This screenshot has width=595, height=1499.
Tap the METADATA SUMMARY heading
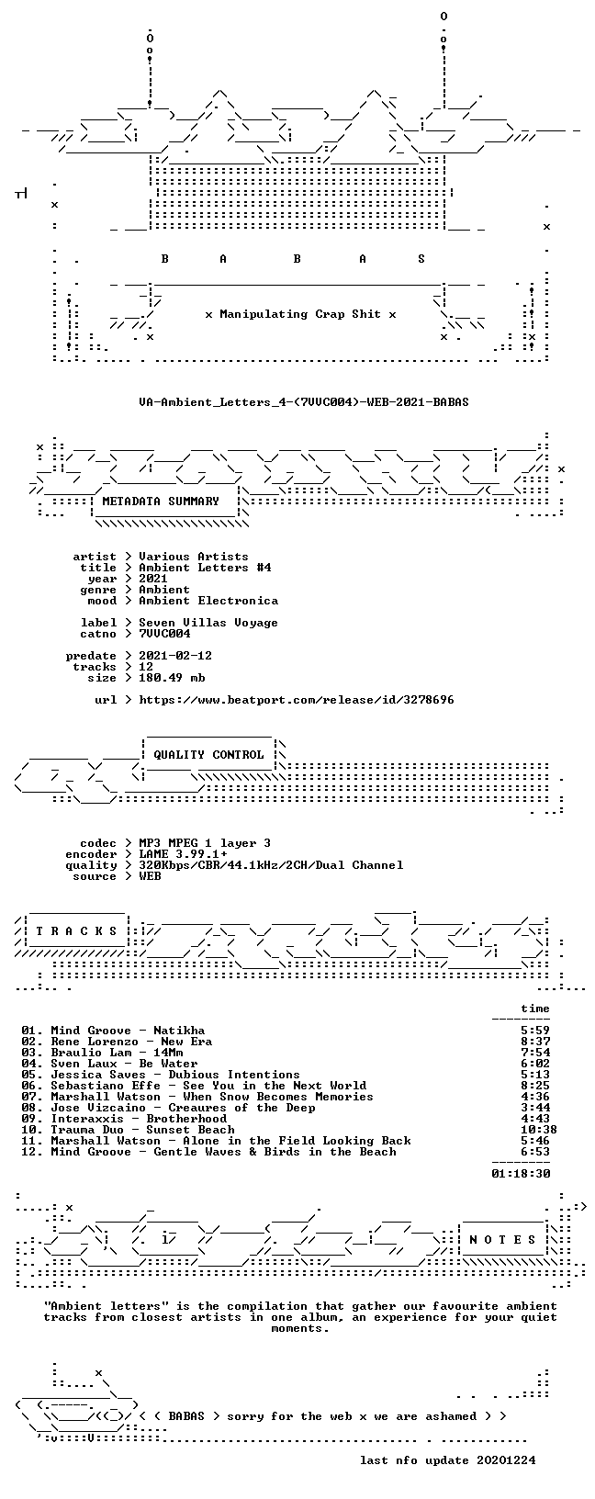[161, 502]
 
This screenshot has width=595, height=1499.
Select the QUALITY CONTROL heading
[208, 755]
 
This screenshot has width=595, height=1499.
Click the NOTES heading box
[502, 1240]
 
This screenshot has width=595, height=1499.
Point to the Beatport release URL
[297, 700]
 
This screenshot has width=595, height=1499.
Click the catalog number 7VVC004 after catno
[164, 634]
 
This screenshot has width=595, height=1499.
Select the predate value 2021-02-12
[175, 656]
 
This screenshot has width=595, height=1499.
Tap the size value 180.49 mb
[172, 678]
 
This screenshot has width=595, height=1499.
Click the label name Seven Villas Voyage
[208, 623]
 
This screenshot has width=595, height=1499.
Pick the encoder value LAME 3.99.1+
[183, 854]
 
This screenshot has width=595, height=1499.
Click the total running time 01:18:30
[521, 1174]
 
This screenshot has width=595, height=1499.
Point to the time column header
[535, 1009]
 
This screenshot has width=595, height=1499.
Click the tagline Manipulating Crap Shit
[300, 314]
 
